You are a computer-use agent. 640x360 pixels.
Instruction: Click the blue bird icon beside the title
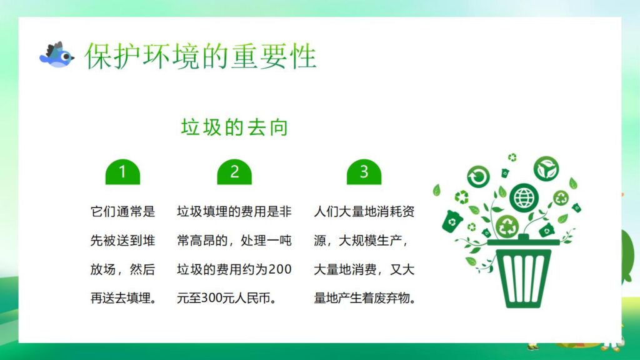56,56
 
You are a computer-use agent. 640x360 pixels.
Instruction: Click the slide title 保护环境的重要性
201,56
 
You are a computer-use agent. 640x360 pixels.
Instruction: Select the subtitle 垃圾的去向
234,128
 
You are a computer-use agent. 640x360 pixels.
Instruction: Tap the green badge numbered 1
122,172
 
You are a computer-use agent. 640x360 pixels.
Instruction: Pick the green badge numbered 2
234,172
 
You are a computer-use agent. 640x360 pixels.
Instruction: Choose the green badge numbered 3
364,172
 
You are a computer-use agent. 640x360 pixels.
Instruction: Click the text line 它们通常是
122,212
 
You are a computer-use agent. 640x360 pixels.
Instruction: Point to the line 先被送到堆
122,241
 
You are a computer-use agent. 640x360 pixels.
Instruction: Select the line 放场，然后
122,270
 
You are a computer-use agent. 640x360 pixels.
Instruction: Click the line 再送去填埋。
122,299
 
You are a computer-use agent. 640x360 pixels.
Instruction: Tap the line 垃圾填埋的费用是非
234,212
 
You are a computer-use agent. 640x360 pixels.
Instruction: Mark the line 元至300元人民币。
227,299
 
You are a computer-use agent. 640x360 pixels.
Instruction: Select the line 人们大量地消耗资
364,212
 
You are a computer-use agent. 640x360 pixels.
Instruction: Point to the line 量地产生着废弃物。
365,299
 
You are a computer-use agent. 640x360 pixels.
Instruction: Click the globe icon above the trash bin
522,197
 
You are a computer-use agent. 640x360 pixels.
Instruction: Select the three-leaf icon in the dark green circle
546,168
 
